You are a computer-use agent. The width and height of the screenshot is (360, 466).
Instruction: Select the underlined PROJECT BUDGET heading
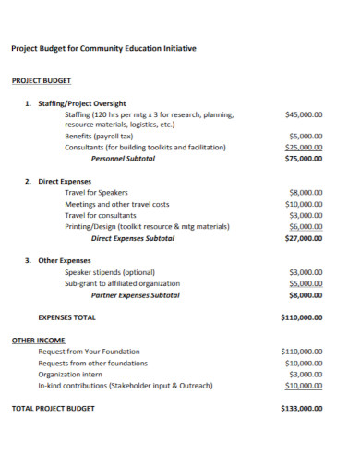coord(42,81)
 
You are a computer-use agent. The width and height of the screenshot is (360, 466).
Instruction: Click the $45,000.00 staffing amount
coord(304,115)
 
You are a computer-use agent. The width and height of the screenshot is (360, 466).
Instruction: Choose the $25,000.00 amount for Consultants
coord(304,147)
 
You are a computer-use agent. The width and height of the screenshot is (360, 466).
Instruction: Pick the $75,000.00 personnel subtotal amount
coord(304,159)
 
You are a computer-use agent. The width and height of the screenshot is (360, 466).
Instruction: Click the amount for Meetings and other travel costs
coord(304,204)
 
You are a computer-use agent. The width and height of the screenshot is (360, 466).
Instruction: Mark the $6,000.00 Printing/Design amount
coord(306,226)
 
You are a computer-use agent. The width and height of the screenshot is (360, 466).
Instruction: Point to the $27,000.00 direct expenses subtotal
coord(304,238)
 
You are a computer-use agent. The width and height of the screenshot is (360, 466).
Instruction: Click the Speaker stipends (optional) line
coord(110,272)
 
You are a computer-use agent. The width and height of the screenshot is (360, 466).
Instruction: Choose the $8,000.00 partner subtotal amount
coord(306,294)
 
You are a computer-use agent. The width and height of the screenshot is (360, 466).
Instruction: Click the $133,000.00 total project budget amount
coord(301,408)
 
